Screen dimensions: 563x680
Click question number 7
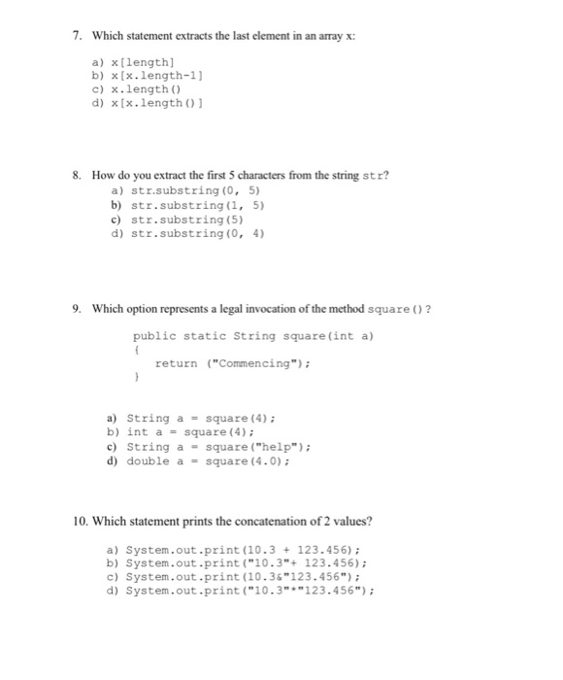pos(77,36)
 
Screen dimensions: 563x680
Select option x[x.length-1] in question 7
pos(151,74)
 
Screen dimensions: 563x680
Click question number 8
pos(77,176)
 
